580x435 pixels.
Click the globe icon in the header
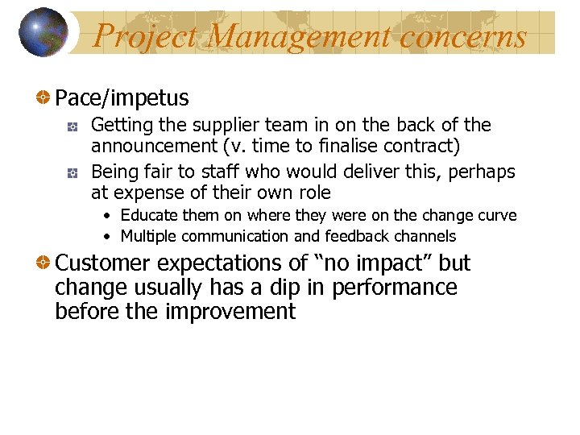[43, 32]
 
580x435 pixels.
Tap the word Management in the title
[301, 36]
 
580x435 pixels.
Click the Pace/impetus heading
[122, 99]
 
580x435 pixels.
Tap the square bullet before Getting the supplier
[72, 126]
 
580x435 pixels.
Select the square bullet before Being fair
[72, 173]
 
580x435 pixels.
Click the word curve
[497, 216]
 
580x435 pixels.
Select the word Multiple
[149, 237]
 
